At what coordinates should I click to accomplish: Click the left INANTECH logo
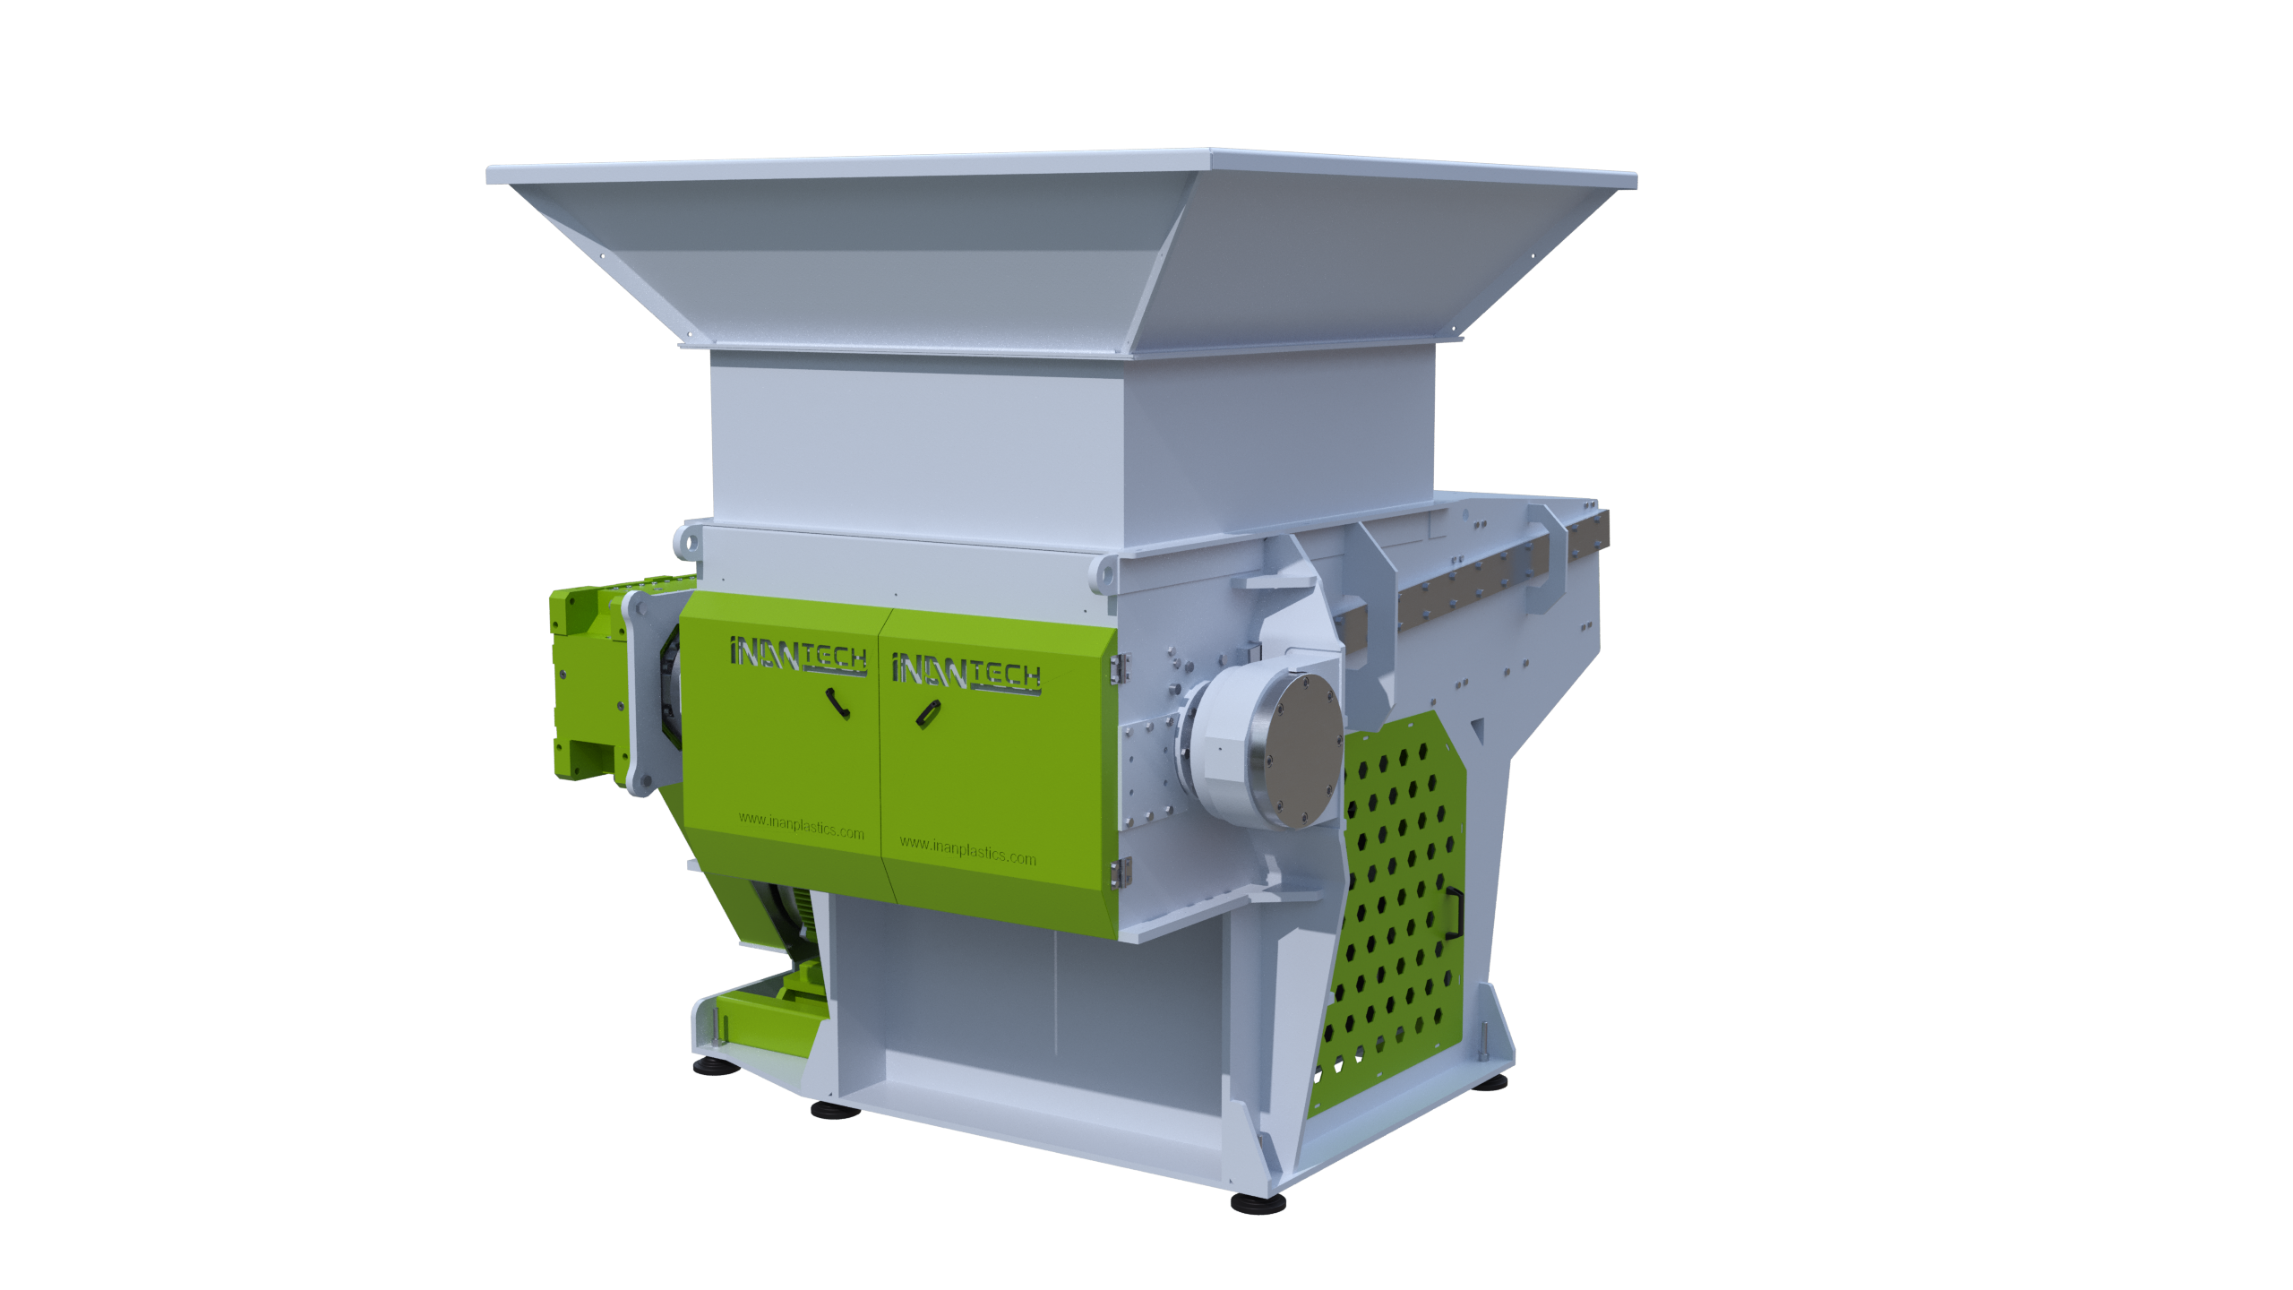[x=798, y=655]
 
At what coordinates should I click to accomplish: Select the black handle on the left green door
[x=837, y=702]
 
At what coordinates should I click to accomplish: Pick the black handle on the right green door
[x=928, y=714]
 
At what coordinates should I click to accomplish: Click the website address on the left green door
[x=802, y=825]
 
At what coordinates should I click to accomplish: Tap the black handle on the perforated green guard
[x=1455, y=913]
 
